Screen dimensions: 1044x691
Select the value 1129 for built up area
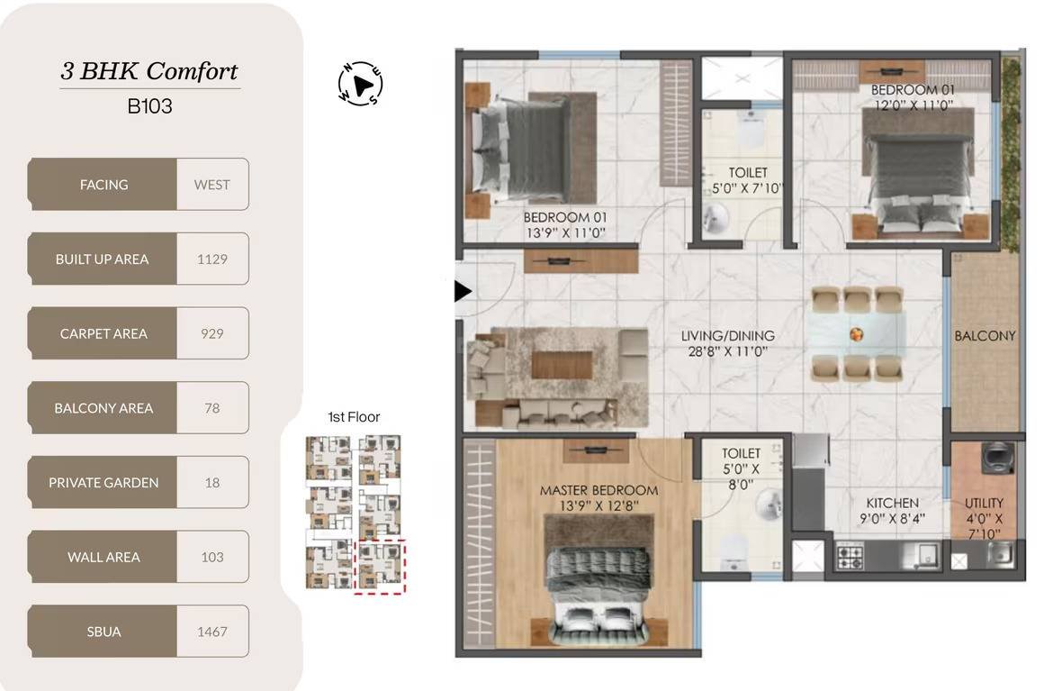click(x=212, y=259)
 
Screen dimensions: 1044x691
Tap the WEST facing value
click(x=212, y=185)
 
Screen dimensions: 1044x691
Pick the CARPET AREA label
click(x=103, y=334)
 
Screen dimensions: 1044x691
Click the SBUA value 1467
click(x=212, y=632)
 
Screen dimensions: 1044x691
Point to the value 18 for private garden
click(x=212, y=482)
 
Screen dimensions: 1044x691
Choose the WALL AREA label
click(x=103, y=557)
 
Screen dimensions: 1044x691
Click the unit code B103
click(x=149, y=106)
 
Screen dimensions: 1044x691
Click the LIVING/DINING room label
click(x=728, y=336)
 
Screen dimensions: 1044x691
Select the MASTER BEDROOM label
click(x=598, y=490)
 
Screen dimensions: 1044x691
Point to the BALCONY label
click(x=985, y=336)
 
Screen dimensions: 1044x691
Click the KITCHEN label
click(x=892, y=503)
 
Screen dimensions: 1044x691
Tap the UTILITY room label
click(x=984, y=503)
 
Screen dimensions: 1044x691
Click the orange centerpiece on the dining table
click(x=856, y=334)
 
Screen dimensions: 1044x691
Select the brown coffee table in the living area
click(x=562, y=365)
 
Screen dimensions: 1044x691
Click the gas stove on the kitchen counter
click(x=850, y=555)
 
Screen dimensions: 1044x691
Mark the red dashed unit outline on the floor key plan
click(x=380, y=566)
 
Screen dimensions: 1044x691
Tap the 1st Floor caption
click(x=354, y=417)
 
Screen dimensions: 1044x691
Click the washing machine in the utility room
click(x=996, y=458)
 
